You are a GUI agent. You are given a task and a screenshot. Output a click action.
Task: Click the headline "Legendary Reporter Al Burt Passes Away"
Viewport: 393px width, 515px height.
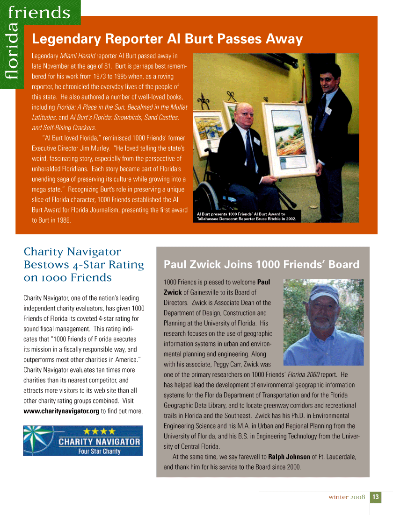pyautogui.click(x=167, y=39)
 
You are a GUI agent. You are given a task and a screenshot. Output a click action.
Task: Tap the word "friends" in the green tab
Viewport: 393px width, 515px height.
pyautogui.click(x=39, y=12)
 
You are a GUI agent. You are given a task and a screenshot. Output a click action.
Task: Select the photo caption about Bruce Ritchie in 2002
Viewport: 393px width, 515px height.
pyautogui.click(x=247, y=216)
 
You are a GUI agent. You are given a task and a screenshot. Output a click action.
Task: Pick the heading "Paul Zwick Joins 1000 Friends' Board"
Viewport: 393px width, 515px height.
pyautogui.click(x=262, y=265)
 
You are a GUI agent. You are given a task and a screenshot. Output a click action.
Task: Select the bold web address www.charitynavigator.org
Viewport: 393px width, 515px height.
pyautogui.click(x=61, y=411)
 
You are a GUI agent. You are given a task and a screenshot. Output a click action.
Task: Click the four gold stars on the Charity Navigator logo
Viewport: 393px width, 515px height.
pyautogui.click(x=99, y=431)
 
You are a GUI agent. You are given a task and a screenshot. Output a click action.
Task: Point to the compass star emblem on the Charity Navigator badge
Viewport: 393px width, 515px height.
pyautogui.click(x=39, y=440)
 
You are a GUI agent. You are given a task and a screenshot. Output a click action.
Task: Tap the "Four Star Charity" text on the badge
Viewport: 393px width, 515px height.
pyautogui.click(x=99, y=452)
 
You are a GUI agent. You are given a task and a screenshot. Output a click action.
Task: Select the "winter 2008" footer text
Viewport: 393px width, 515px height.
pyautogui.click(x=346, y=497)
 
